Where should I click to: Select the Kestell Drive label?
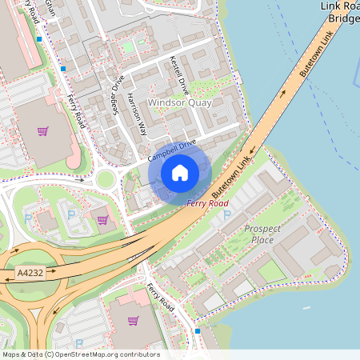click(178, 76)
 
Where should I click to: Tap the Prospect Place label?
click(262, 234)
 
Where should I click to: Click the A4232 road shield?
click(31, 273)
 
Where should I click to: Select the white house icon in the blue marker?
click(180, 173)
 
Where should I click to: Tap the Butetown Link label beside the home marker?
click(232, 178)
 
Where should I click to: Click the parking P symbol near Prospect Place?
click(226, 214)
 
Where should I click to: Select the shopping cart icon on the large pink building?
click(43, 131)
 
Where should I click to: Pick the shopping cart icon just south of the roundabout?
click(102, 218)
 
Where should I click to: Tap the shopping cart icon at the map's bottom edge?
click(133, 321)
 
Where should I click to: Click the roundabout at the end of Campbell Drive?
click(104, 179)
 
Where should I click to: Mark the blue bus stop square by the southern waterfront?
click(198, 330)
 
